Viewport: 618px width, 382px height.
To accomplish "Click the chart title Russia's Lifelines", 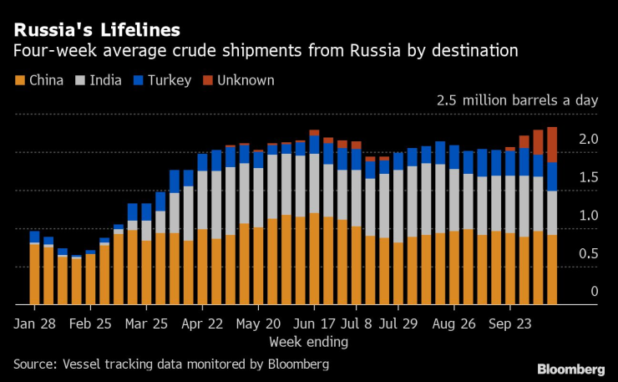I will tap(96, 31).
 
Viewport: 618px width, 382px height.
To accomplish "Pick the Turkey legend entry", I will tap(165, 80).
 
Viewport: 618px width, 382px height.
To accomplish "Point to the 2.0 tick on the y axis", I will tap(589, 139).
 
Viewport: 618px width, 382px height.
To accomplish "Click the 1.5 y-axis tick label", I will tap(589, 177).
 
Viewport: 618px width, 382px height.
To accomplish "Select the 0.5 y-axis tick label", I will tap(589, 253).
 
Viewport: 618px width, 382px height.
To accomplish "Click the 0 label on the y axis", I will tap(595, 292).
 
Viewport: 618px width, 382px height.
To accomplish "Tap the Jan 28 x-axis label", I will tap(34, 323).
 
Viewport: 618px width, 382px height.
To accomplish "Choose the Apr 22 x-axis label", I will tap(202, 323).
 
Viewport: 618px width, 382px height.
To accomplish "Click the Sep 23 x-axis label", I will tap(510, 323).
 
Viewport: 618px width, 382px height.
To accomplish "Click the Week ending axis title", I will tap(308, 342).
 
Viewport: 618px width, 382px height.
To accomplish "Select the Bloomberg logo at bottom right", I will tap(570, 369).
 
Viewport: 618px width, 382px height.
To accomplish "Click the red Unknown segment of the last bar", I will tap(551, 144).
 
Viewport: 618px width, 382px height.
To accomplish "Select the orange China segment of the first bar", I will tap(34, 273).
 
